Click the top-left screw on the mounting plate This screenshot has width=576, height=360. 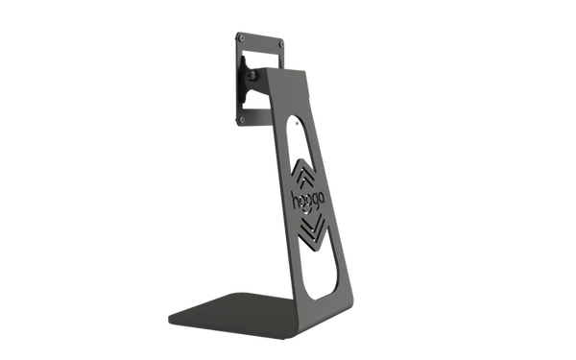click(x=241, y=37)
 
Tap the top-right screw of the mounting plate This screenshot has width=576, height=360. click(x=281, y=44)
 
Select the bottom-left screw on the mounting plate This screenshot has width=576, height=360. click(x=242, y=120)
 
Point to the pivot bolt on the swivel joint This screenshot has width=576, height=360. click(x=252, y=76)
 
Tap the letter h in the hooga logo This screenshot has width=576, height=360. click(x=295, y=200)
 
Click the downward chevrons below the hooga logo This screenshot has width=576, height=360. click(x=312, y=230)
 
